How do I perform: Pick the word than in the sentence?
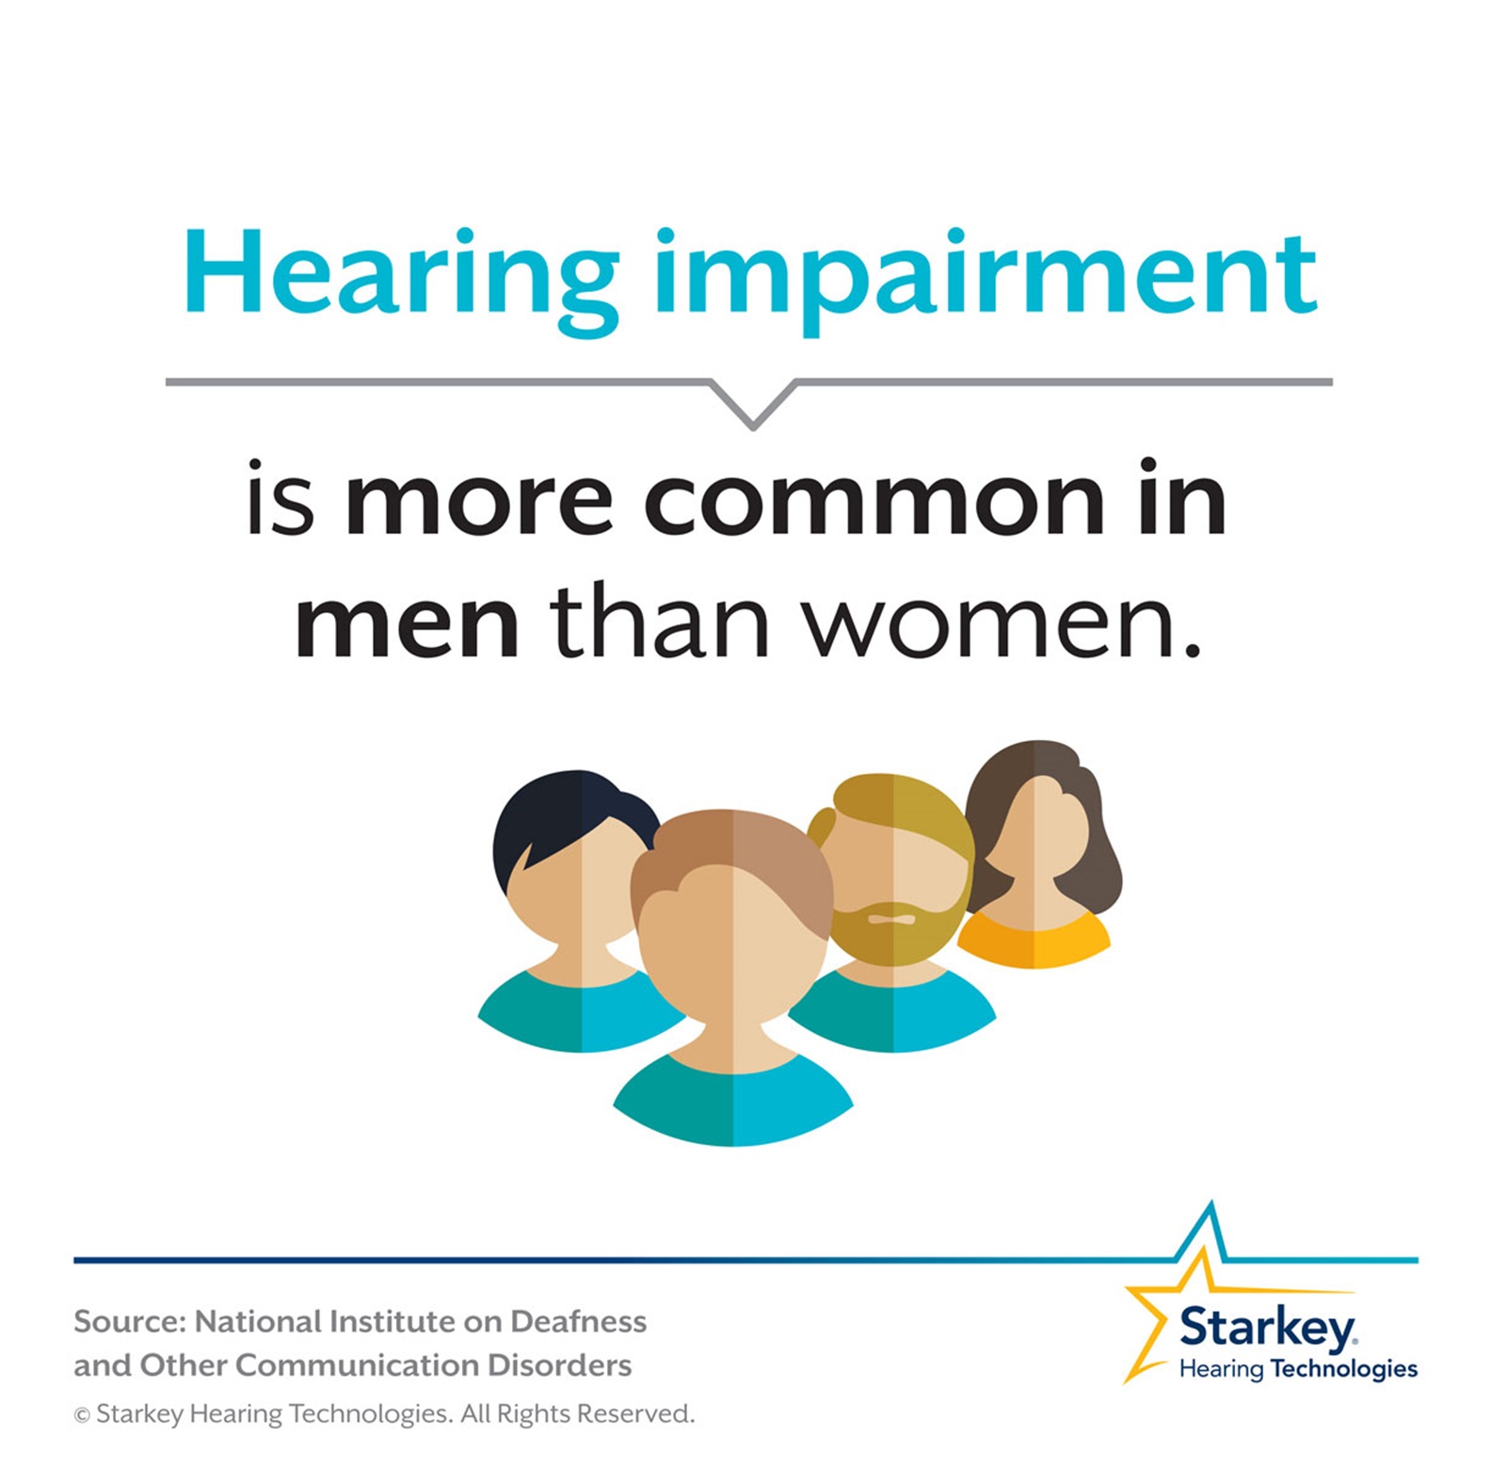tap(659, 621)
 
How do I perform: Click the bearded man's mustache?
tap(890, 915)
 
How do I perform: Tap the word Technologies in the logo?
tap(1343, 1369)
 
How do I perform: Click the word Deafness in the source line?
tap(578, 1322)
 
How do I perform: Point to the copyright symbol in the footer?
tap(82, 1415)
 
